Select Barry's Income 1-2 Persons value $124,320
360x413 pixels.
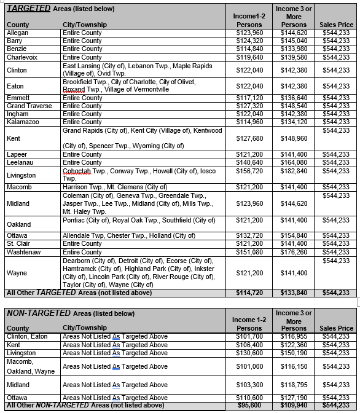point(249,41)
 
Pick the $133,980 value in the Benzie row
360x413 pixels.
point(294,49)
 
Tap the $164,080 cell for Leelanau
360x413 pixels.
point(294,162)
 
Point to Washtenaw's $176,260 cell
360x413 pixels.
point(294,251)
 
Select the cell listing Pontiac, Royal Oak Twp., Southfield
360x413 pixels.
point(138,219)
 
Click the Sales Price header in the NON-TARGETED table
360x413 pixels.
point(336,328)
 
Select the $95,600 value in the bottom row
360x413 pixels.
point(249,406)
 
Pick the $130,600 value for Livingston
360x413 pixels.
point(249,353)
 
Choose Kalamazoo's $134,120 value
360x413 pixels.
point(294,122)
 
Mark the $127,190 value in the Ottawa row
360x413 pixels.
point(294,398)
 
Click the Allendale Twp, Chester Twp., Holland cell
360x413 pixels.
point(128,235)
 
